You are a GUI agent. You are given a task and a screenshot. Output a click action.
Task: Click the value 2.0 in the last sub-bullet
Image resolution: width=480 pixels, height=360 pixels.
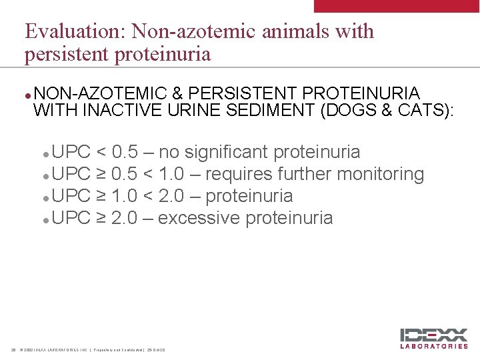(125, 218)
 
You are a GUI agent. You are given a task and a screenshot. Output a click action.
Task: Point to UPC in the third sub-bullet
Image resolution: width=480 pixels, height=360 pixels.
(71, 196)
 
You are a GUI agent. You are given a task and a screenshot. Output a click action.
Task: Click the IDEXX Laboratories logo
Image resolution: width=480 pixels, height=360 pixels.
(433, 339)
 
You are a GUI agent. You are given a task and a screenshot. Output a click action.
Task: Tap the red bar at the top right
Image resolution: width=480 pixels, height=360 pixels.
(397, 6)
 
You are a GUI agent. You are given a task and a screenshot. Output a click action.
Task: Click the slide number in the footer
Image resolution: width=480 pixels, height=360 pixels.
(13, 350)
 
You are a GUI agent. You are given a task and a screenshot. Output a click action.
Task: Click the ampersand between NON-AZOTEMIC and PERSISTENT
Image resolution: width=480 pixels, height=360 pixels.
(179, 93)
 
